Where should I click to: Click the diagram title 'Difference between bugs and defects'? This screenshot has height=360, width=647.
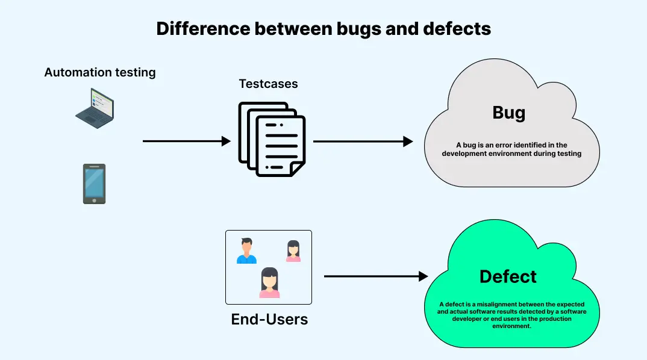coord(323,29)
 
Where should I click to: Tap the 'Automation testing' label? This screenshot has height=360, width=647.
coord(100,73)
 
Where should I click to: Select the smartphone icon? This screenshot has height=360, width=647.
coord(94,184)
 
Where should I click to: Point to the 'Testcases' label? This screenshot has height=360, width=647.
coord(268,84)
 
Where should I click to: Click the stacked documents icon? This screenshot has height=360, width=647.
coord(272,139)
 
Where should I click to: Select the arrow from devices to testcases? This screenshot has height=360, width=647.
coord(186,141)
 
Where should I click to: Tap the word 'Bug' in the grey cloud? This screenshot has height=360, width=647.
coord(509,113)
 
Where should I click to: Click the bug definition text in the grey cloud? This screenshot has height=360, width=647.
coord(511,149)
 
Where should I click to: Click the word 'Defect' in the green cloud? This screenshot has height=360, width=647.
coord(508,276)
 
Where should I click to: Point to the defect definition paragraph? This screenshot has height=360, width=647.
coord(511,315)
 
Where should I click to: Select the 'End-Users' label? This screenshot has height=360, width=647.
coord(269,319)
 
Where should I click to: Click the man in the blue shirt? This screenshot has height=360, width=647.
coord(246,251)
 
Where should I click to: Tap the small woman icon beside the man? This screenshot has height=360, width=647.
coord(293,251)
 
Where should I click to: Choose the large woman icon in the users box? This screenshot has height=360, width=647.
coord(269,282)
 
